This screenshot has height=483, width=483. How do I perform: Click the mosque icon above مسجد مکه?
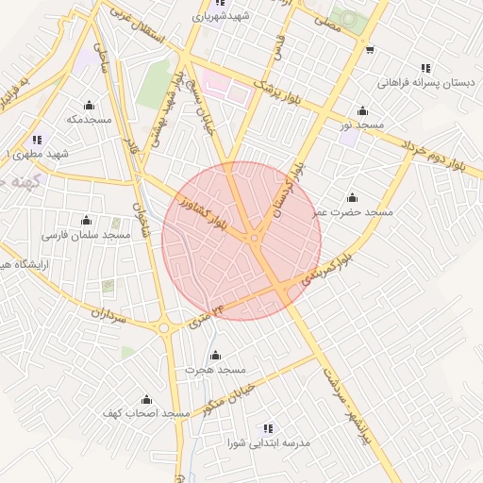pyautogui.click(x=89, y=105)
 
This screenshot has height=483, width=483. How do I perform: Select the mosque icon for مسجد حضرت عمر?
pyautogui.click(x=353, y=198)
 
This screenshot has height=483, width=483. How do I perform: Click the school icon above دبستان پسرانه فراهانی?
pyautogui.click(x=426, y=68)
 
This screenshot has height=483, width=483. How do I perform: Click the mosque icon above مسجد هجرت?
pyautogui.click(x=215, y=356)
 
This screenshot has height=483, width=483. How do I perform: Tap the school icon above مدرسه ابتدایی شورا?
pyautogui.click(x=268, y=428)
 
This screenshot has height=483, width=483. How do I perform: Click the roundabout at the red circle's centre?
pyautogui.click(x=254, y=239)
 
